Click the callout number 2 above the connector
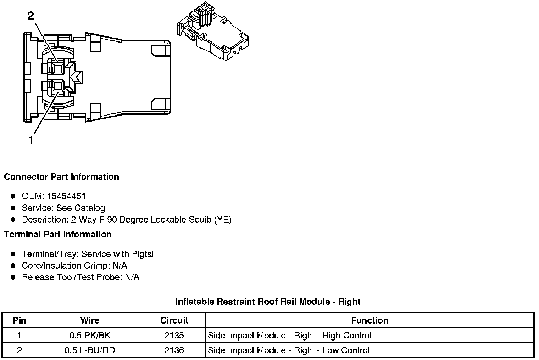point(31,16)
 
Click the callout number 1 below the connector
point(31,140)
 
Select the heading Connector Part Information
point(61,177)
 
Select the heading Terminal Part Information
point(58,235)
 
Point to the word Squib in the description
point(199,220)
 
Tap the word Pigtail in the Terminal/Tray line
point(144,254)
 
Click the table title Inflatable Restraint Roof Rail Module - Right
point(268,302)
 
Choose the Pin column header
point(19,320)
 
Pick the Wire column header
point(90,320)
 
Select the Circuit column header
point(174,320)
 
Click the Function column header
point(369,320)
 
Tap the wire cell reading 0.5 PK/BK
point(90,336)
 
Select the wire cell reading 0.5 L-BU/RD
point(90,350)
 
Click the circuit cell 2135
point(174,336)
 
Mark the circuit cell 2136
point(174,350)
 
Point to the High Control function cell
point(289,336)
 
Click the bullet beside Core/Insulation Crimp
point(13,266)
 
